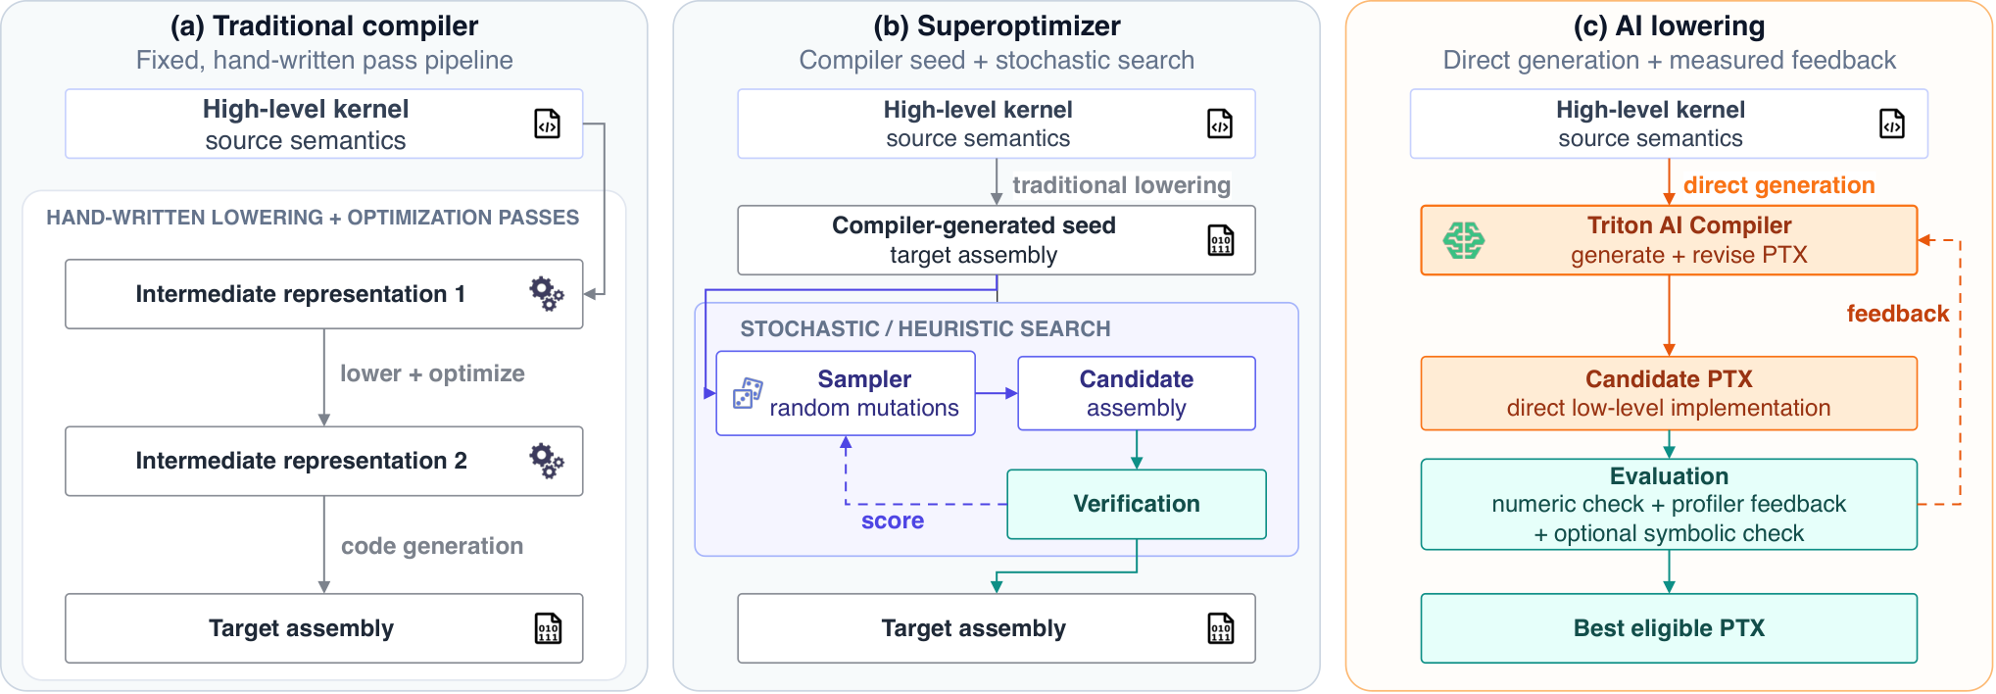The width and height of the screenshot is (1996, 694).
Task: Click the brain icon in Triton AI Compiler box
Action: [x=1464, y=240]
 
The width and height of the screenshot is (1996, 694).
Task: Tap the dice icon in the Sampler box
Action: [x=748, y=393]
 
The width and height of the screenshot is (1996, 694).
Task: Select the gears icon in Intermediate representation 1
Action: [x=547, y=293]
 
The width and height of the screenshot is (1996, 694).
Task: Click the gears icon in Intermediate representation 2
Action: [x=547, y=461]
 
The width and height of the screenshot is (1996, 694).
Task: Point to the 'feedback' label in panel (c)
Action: [x=1897, y=314]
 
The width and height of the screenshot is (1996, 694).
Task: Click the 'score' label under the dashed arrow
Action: [x=893, y=520]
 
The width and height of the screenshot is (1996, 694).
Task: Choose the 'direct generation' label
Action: [x=1778, y=185]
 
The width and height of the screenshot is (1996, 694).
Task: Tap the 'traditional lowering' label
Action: [x=1121, y=185]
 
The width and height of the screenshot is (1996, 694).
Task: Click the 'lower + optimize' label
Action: [x=432, y=373]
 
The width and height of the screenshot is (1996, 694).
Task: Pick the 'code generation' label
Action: [x=432, y=546]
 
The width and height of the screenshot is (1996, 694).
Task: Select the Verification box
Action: [x=1137, y=504]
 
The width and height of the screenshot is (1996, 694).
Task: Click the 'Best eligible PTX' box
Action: [x=1669, y=628]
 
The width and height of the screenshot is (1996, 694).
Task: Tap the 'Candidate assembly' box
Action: [x=1137, y=393]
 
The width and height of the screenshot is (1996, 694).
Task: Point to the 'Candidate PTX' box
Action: [x=1669, y=393]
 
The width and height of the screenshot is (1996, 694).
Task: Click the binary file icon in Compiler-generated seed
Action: [x=1220, y=240]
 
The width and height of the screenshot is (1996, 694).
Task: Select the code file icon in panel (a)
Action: [x=547, y=124]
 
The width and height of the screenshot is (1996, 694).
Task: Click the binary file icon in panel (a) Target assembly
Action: [x=548, y=628]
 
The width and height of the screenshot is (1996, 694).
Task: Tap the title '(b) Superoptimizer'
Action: [x=997, y=25]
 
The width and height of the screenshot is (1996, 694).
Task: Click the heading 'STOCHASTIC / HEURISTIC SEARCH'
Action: [x=925, y=329]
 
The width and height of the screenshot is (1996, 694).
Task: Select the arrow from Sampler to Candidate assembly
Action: [x=997, y=393]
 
